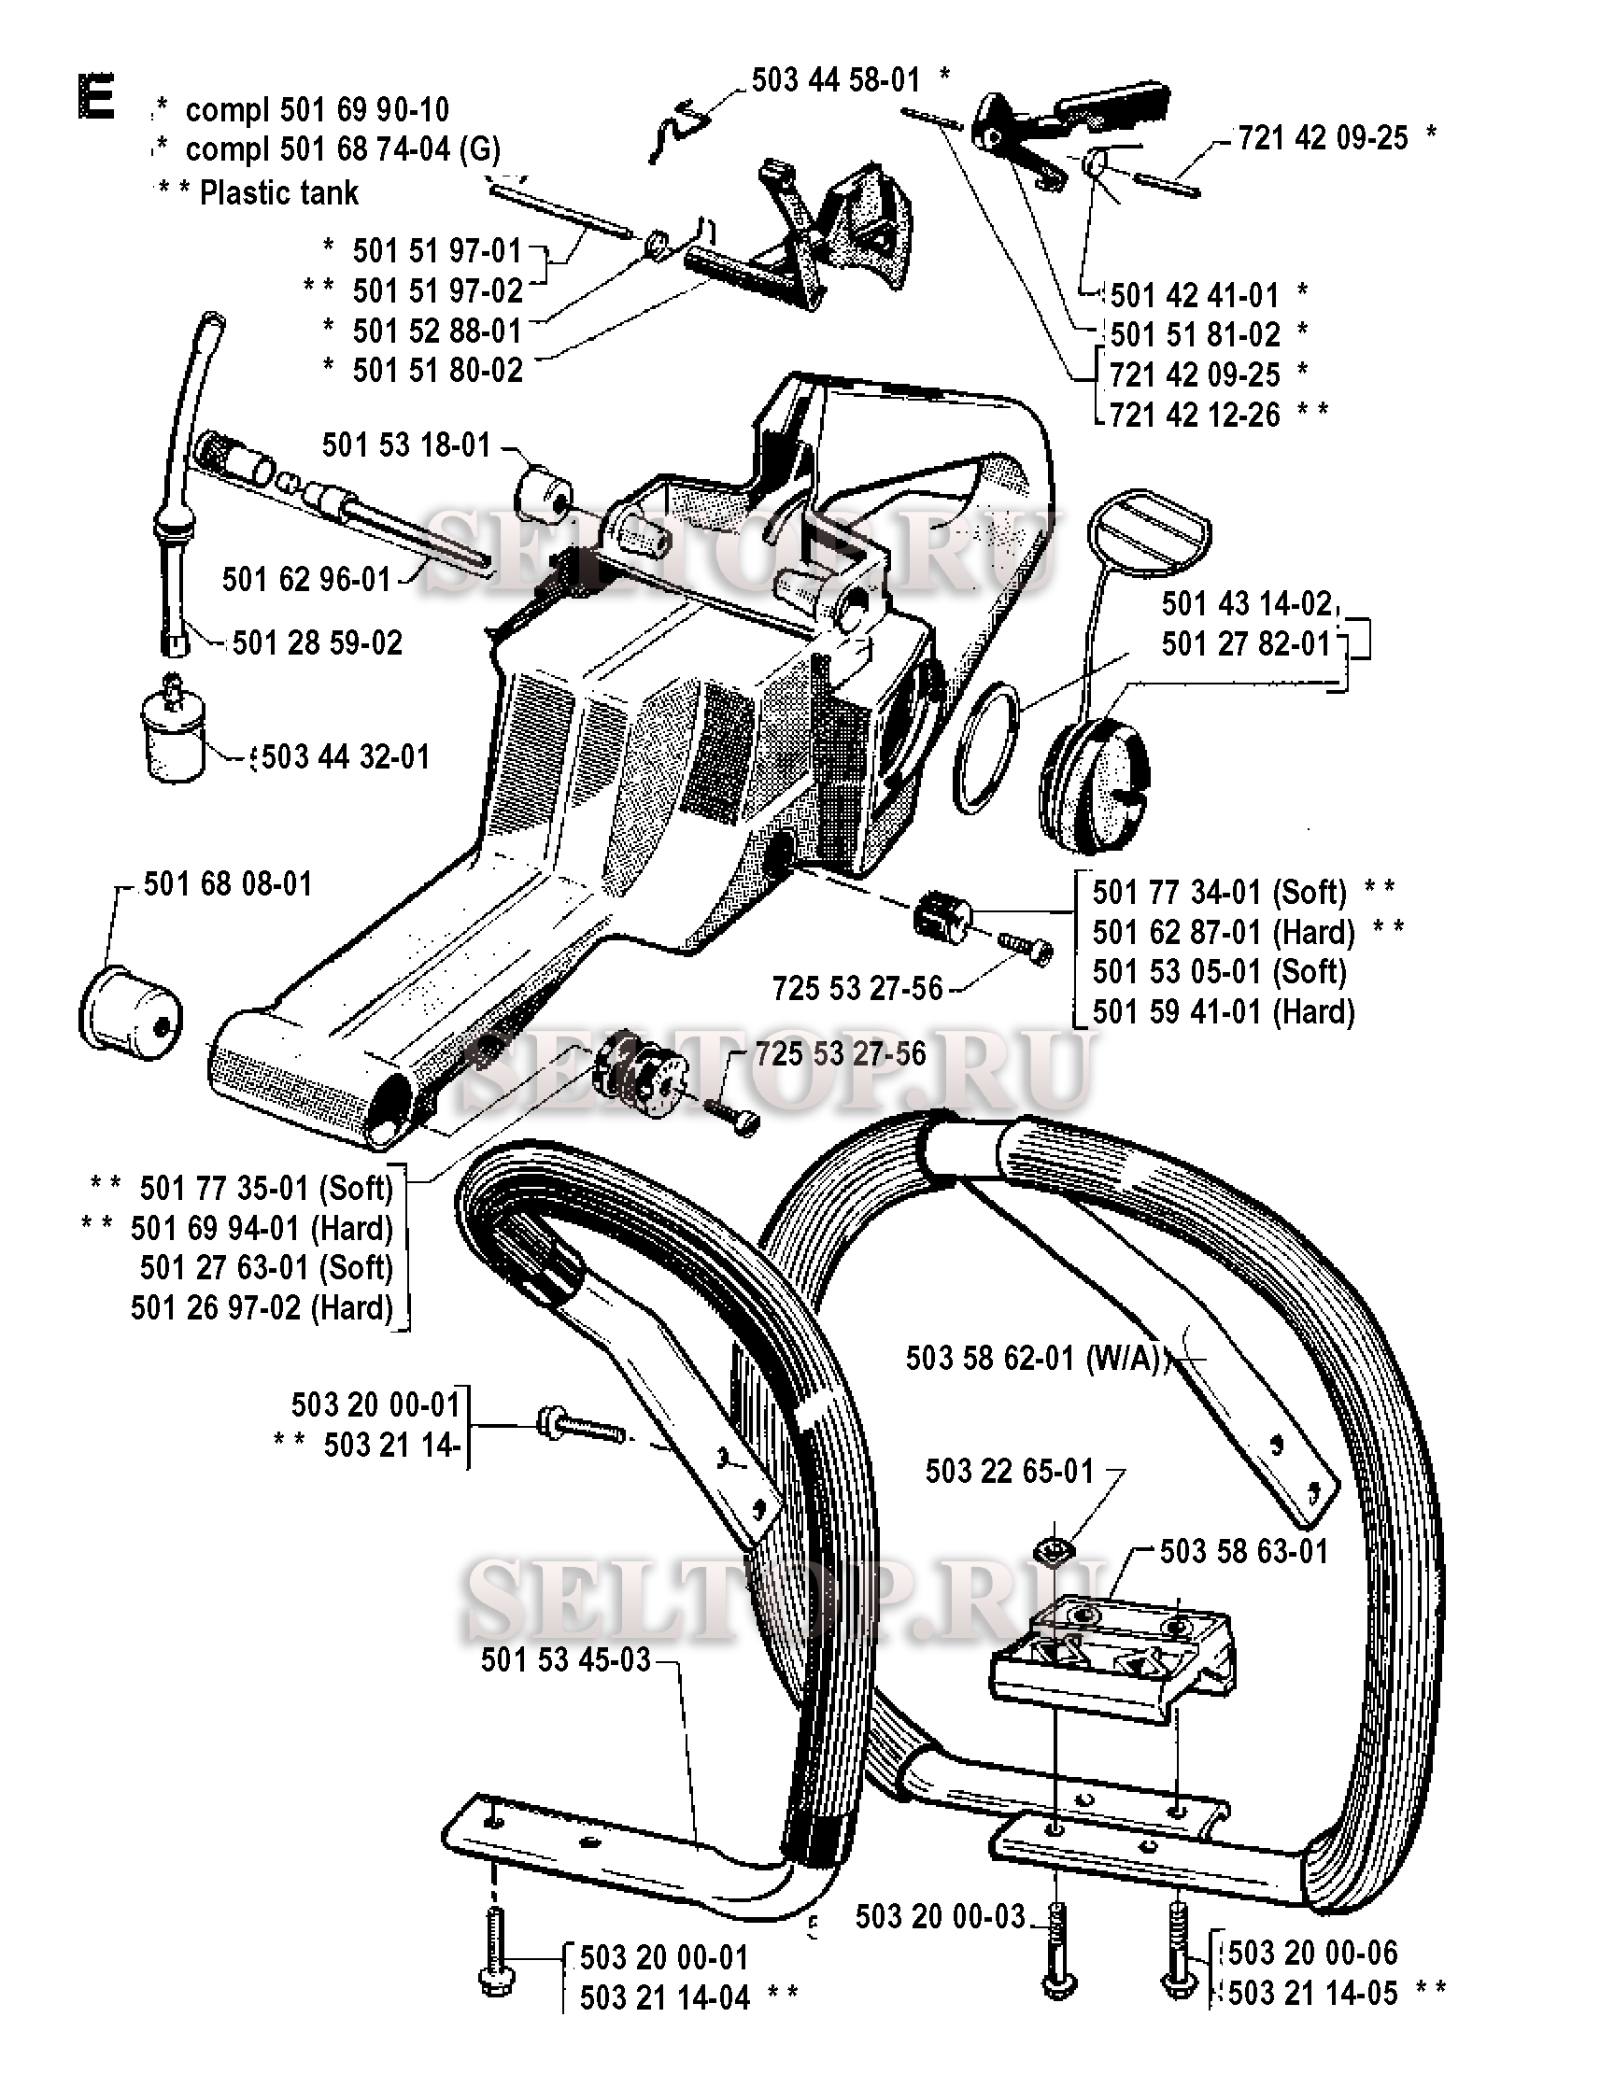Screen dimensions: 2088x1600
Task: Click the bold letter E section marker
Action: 96,98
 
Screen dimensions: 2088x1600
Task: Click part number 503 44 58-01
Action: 835,80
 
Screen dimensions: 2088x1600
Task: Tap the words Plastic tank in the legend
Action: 279,193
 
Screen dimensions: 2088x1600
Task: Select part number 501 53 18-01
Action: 405,444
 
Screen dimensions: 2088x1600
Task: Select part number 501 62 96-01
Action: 306,579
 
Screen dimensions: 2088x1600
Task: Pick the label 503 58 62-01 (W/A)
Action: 1035,1358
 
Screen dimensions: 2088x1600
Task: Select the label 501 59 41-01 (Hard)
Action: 1224,1011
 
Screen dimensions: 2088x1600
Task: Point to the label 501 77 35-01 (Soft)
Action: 265,1188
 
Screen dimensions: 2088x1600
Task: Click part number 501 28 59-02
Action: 318,642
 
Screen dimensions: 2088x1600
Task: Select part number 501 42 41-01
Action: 1195,295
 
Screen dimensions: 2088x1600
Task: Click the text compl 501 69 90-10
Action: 318,109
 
